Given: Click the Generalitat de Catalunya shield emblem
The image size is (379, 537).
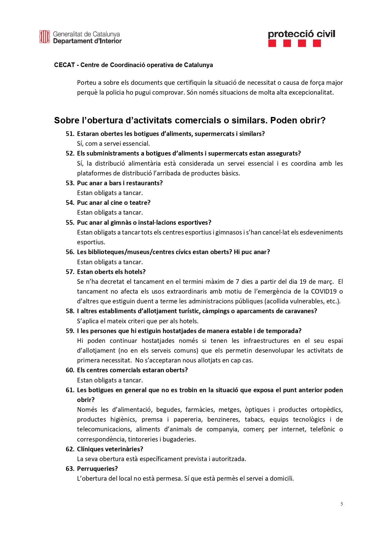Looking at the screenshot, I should pyautogui.click(x=44, y=37).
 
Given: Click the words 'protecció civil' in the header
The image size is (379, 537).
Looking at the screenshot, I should pyautogui.click(x=301, y=34).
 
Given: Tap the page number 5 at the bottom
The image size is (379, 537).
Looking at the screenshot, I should pyautogui.click(x=341, y=504).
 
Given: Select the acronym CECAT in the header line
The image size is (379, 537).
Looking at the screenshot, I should pyautogui.click(x=64, y=65).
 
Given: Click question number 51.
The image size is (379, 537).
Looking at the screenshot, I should pyautogui.click(x=70, y=134).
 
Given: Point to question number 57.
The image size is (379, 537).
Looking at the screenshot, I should pyautogui.click(x=70, y=272).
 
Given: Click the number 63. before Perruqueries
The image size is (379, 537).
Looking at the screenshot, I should pyautogui.click(x=70, y=469).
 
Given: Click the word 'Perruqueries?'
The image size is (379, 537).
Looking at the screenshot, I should pyautogui.click(x=97, y=469).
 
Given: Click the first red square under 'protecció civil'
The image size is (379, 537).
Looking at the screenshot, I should pyautogui.click(x=272, y=43).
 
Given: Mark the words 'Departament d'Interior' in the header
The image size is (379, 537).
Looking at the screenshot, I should pyautogui.click(x=87, y=41).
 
